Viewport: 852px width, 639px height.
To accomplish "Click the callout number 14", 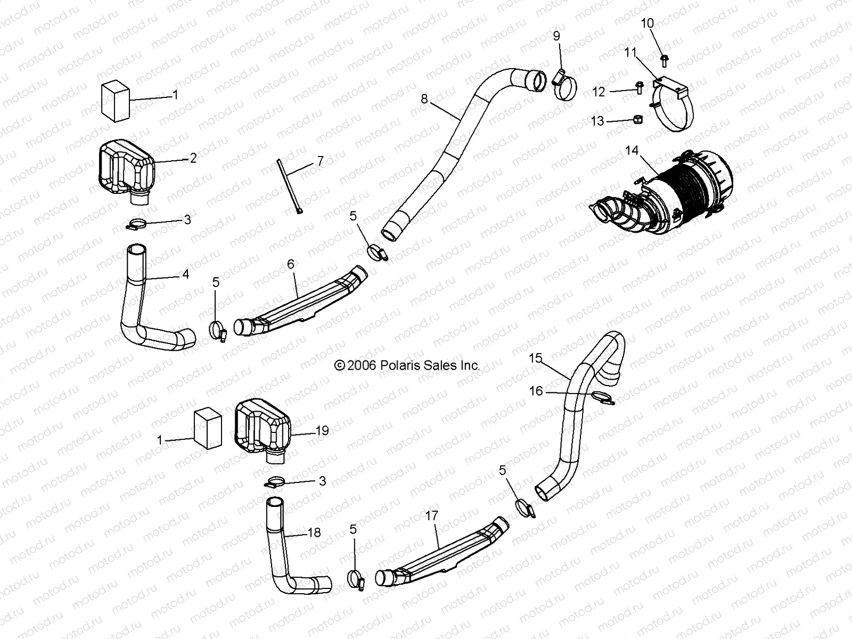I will point(632,151).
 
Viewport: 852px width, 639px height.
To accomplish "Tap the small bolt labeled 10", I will point(664,60).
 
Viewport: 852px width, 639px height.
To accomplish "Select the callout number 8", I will point(424,99).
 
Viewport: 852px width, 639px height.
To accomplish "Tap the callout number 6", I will point(290,264).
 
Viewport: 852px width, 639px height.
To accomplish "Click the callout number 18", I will point(314,532).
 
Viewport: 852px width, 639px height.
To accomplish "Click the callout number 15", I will point(535,358).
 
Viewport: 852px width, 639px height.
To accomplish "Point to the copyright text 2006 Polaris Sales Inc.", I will point(407,365).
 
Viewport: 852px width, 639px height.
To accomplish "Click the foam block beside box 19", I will point(207,429).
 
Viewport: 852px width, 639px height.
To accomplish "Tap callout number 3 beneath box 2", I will point(187,219).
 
